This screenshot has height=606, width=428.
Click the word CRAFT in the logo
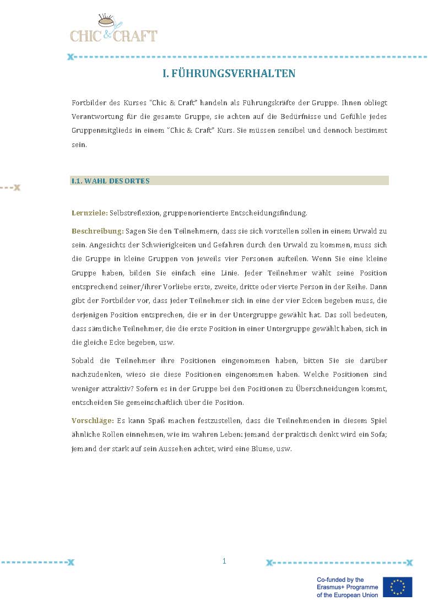click(135, 36)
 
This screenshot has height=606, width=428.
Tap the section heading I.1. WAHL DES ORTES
click(111, 181)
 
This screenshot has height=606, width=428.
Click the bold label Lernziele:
click(90, 213)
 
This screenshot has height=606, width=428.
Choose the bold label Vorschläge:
click(93, 420)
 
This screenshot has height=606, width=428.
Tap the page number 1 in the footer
click(224, 561)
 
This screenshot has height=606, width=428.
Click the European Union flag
click(398, 587)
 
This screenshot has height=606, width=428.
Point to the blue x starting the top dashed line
click(70, 57)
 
